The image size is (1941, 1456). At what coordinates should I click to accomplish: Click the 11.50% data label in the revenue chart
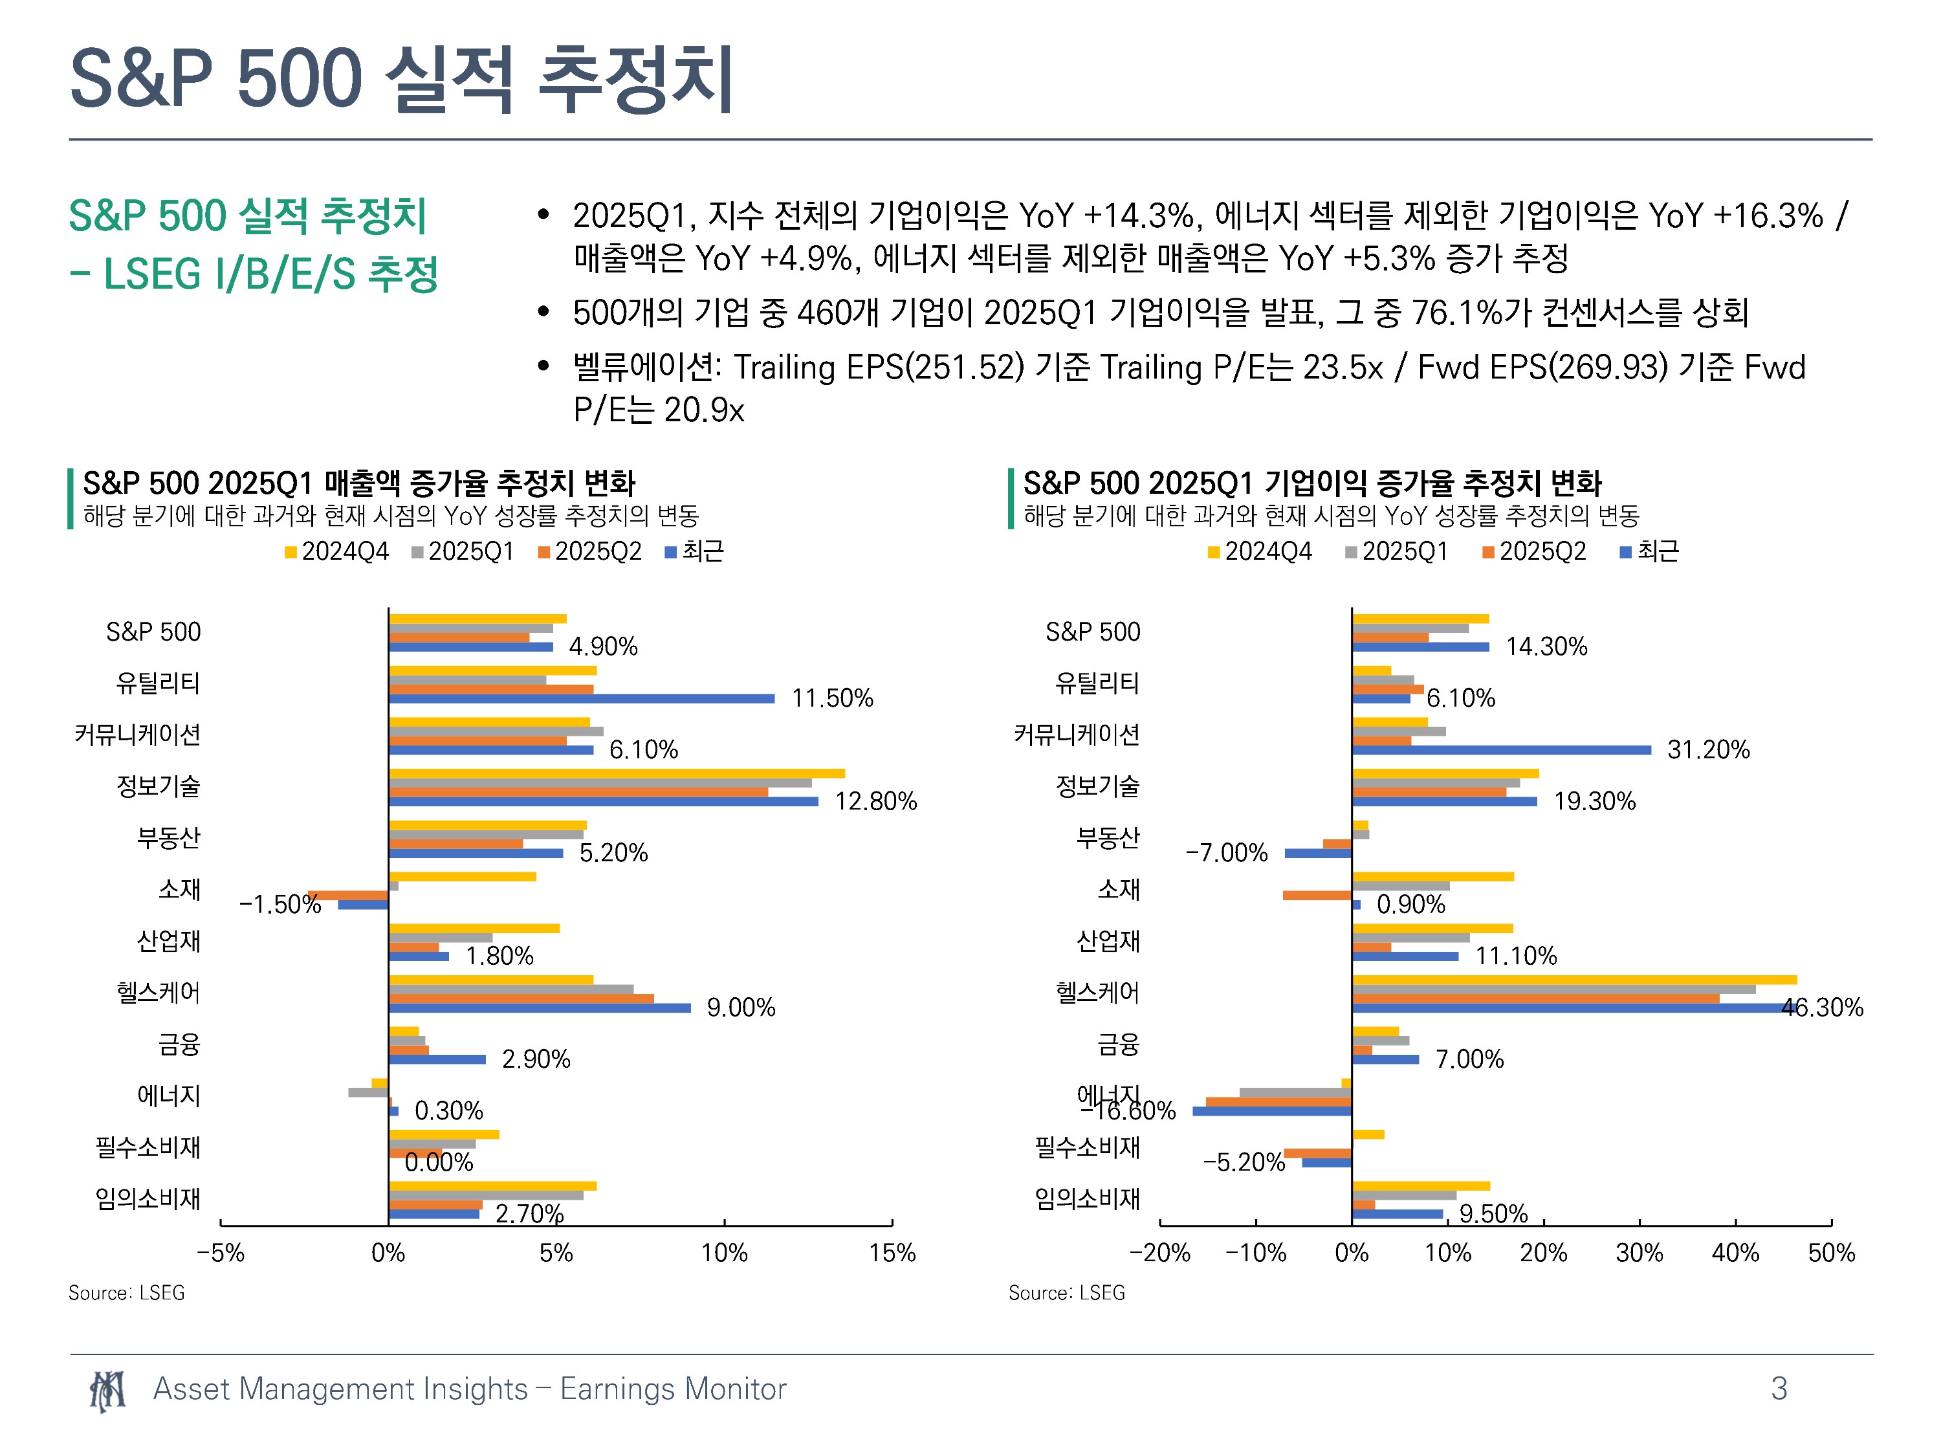click(x=832, y=699)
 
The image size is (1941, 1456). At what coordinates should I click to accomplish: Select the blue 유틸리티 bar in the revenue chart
click(x=582, y=699)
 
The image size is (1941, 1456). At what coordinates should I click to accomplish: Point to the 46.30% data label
click(x=1822, y=1008)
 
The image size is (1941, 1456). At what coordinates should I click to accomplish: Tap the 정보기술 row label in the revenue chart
click(x=159, y=786)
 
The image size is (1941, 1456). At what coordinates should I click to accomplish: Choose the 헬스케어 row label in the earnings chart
click(x=1098, y=993)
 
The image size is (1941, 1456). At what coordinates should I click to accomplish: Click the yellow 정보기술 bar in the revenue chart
click(x=617, y=773)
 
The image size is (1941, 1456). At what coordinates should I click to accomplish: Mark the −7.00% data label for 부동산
click(x=1226, y=852)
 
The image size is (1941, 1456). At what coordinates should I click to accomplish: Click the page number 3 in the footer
click(x=1779, y=1389)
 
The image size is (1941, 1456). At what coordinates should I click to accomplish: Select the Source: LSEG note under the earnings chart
click(x=1066, y=1293)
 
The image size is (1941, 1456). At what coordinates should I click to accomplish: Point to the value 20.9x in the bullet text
click(x=704, y=410)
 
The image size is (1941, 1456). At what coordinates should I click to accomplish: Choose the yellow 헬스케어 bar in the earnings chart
click(x=1574, y=980)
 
